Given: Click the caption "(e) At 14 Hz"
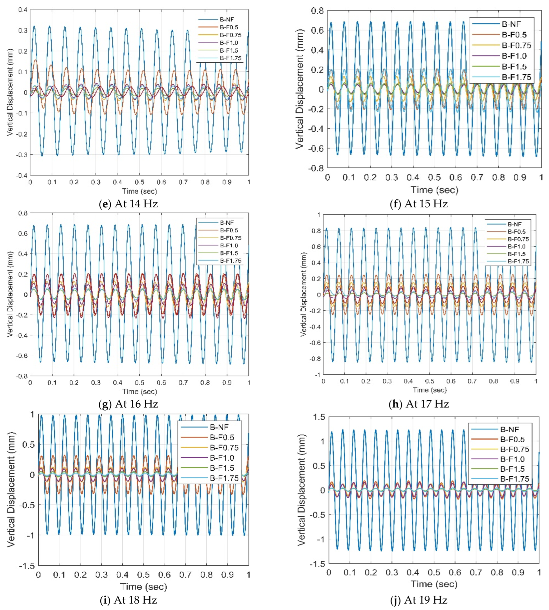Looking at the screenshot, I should [x=128, y=204].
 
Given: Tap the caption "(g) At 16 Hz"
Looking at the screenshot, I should [x=128, y=404].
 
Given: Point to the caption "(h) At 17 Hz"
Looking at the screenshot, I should [x=419, y=404].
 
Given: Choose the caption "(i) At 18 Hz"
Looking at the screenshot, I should [x=128, y=600].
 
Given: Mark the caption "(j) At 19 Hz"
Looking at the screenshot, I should [x=419, y=600].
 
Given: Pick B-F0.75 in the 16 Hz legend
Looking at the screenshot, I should [x=231, y=238].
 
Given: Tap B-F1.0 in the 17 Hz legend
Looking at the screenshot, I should [x=516, y=247].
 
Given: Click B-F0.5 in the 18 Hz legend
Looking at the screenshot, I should [x=222, y=437].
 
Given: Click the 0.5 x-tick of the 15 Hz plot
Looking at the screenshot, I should [x=434, y=177].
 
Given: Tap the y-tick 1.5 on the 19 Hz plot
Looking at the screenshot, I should [x=319, y=417].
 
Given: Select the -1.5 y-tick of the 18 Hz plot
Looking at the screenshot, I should [x=27, y=566].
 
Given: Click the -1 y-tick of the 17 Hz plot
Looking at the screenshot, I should [x=317, y=375].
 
